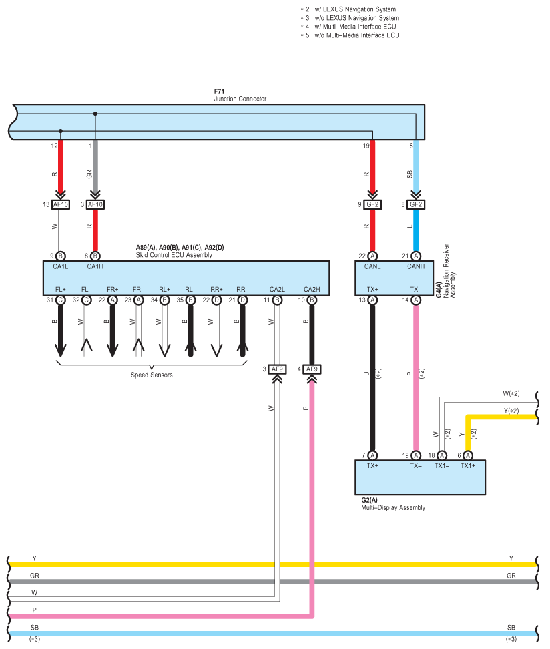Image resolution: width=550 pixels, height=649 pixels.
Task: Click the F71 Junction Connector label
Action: [240, 95]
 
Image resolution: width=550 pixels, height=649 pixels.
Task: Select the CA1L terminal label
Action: [61, 266]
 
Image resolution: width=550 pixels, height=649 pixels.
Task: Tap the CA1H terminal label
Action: [95, 266]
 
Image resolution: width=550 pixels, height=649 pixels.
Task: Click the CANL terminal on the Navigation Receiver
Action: [372, 266]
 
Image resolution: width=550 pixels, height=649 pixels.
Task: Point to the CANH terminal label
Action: [416, 266]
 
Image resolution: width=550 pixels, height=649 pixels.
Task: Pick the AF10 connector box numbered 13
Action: [61, 204]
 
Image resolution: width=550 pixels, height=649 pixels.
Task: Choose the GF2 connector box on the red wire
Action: [372, 204]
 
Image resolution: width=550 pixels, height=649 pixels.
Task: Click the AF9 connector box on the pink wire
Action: [312, 369]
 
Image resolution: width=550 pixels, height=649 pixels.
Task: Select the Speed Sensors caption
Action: [152, 375]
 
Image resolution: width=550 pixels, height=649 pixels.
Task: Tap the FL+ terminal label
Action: [61, 289]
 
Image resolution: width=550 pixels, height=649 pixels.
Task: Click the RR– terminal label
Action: [242, 289]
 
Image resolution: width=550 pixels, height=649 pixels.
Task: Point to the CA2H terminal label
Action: [312, 289]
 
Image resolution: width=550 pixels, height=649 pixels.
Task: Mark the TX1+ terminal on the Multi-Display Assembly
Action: [468, 465]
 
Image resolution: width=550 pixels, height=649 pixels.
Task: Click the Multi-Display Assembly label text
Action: [393, 508]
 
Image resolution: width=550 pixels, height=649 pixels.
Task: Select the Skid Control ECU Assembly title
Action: [174, 255]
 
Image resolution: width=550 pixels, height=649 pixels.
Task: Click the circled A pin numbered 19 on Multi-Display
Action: [416, 455]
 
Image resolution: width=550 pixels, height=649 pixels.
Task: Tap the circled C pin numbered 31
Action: [61, 300]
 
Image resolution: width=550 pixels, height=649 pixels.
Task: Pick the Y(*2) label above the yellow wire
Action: [511, 411]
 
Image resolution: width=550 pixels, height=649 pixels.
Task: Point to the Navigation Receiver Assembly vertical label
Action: [449, 270]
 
